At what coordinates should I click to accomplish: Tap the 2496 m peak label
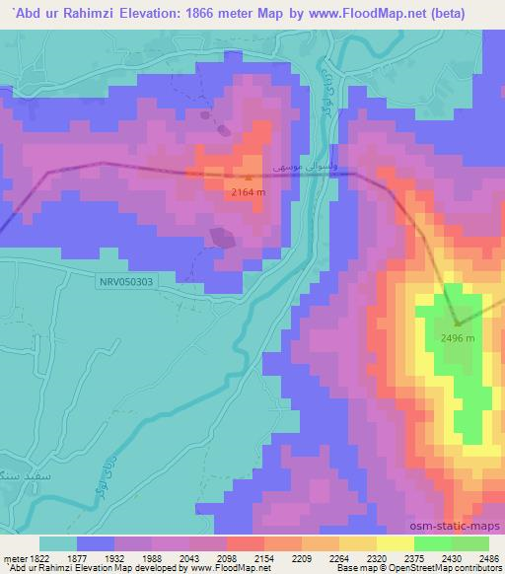coord(457,338)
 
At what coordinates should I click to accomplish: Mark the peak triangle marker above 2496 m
coord(457,323)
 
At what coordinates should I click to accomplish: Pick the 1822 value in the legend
coord(34,559)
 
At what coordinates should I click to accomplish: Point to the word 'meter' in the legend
coord(11,559)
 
